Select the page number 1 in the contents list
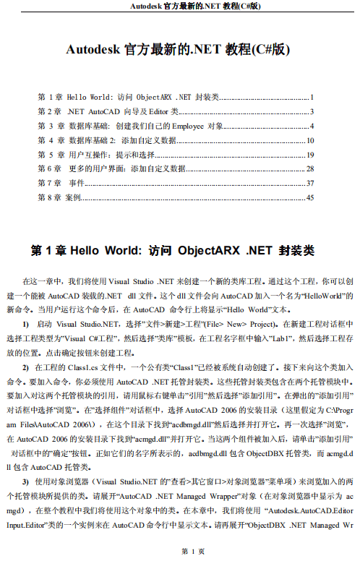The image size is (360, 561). (x=311, y=97)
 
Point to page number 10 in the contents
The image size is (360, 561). (x=310, y=140)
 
